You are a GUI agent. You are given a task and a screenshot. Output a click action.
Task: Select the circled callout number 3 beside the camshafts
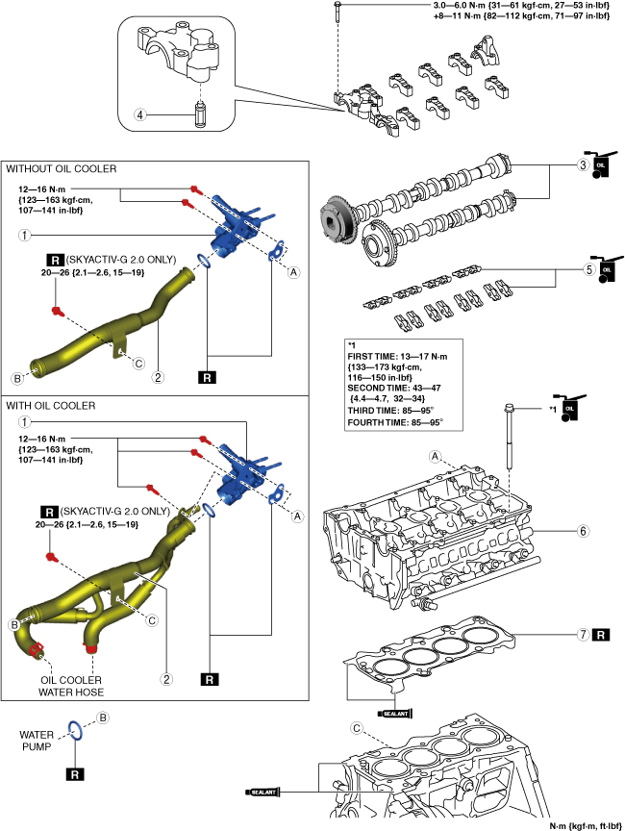click(x=582, y=164)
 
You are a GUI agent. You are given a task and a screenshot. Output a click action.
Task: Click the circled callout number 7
click(x=582, y=635)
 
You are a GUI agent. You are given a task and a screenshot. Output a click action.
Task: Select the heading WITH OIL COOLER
click(x=51, y=406)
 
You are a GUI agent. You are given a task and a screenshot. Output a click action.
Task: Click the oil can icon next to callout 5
click(x=606, y=270)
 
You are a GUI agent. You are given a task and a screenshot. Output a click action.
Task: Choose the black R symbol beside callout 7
click(x=600, y=635)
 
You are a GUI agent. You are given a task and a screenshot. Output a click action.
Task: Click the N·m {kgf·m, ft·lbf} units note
click(x=586, y=825)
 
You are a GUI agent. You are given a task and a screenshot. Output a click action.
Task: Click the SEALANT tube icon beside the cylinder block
click(x=265, y=793)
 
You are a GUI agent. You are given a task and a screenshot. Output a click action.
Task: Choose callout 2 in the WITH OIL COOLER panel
click(x=166, y=679)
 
